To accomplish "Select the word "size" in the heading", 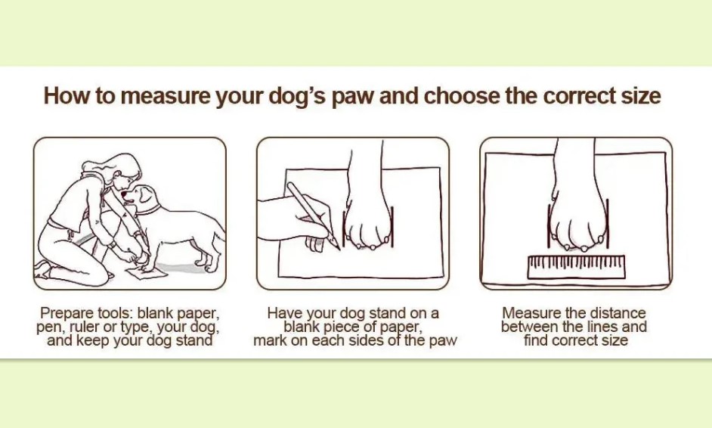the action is pos(641,96).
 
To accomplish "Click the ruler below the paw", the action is pos(576,267).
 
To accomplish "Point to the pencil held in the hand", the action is pos(314,216).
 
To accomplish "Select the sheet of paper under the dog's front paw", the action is pos(147,273).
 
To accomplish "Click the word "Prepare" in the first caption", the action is pos(67,314).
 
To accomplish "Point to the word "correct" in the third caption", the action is pos(573,340).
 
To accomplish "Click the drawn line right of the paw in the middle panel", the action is pos(392,227).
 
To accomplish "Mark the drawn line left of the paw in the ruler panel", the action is pos(549,226).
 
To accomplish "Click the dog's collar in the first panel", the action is pos(148,210).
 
